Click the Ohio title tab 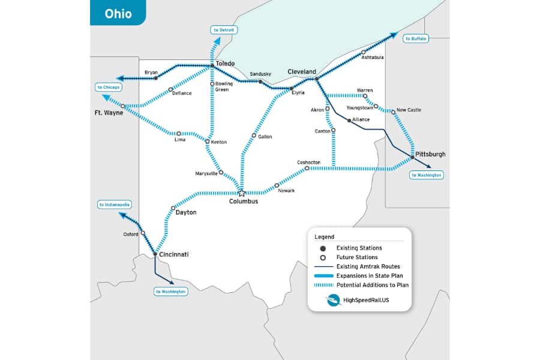click(118, 13)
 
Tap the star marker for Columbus click(242, 193)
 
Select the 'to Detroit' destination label click(224, 29)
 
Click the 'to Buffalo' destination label click(416, 38)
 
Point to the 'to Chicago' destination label click(109, 87)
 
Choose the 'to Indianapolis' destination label click(115, 205)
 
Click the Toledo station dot click(212, 66)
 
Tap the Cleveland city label click(301, 71)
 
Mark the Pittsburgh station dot click(412, 157)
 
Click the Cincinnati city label click(174, 254)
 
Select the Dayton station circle click(173, 208)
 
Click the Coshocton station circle click(307, 169)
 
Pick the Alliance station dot click(349, 121)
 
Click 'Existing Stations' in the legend click(359, 248)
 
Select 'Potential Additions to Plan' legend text click(372, 285)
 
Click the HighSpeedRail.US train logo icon click(334, 300)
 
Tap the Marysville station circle click(221, 172)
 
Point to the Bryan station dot click(155, 78)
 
